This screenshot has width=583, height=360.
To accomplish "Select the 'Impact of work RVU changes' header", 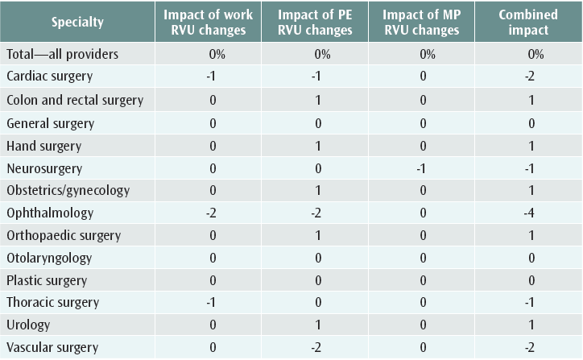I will (208, 23).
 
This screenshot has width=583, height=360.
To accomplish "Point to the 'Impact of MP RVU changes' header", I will (427, 23).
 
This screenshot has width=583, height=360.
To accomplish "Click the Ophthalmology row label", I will (50, 213).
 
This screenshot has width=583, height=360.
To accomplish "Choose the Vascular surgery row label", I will (52, 348).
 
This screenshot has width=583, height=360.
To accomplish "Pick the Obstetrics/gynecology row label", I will (68, 191).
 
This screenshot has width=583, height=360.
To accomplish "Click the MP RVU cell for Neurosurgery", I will (427, 168).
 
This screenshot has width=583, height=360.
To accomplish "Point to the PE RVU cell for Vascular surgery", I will (319, 348).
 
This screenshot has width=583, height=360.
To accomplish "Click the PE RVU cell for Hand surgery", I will (319, 146).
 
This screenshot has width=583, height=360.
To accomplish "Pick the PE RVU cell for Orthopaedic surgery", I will (319, 236).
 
